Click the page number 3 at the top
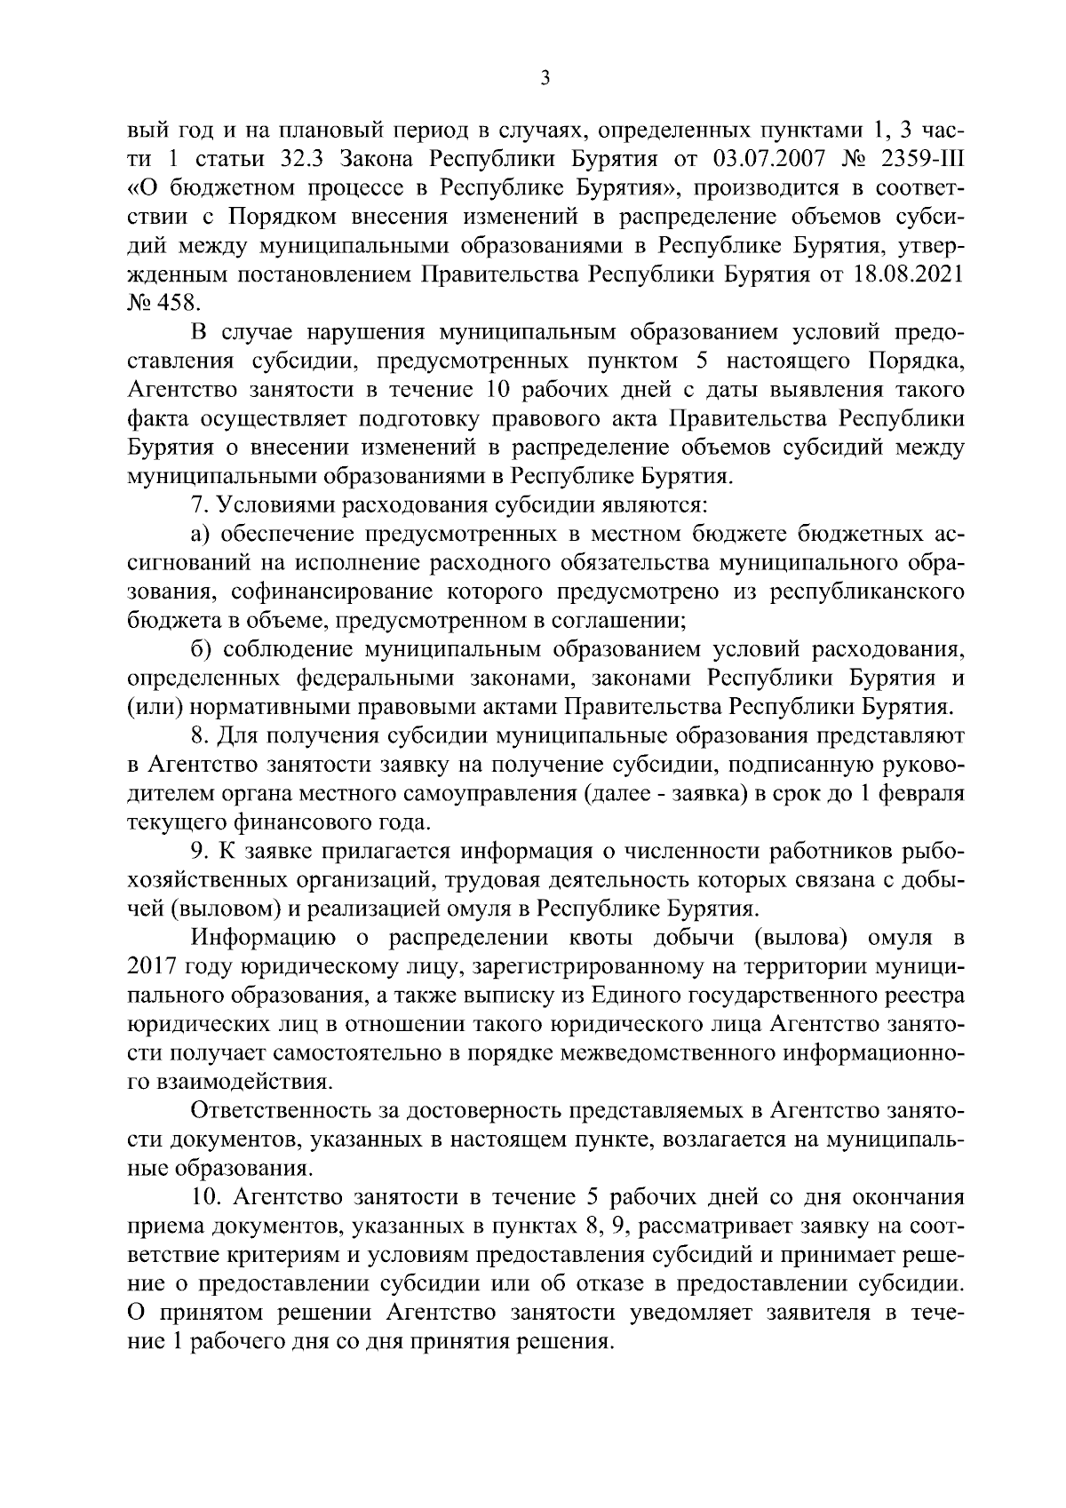[x=545, y=79]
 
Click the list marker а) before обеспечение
[x=201, y=535]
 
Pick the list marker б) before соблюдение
[x=201, y=650]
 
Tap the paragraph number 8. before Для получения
[x=199, y=736]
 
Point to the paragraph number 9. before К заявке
[x=199, y=852]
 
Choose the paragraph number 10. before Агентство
[x=205, y=1197]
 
